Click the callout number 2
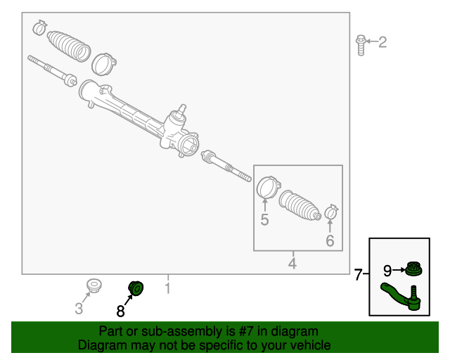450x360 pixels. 382,42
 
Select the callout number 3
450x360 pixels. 79,309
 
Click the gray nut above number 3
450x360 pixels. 93,285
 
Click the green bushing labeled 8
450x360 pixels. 136,288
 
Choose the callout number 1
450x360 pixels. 167,288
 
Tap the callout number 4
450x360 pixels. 292,264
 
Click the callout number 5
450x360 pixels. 264,220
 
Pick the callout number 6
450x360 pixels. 330,240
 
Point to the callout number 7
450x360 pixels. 359,275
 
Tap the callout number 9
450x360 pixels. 387,270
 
